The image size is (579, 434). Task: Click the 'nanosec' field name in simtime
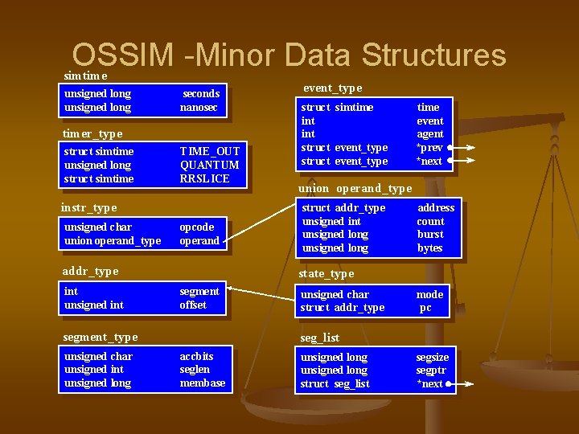tap(199, 108)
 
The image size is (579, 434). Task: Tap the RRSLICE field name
tap(205, 178)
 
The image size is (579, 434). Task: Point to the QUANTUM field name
tap(207, 165)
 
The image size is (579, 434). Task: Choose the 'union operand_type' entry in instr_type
tap(113, 240)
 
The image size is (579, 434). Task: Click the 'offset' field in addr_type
tap(193, 305)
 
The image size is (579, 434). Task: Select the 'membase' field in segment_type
tap(203, 383)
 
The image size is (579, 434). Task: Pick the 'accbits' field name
tap(197, 356)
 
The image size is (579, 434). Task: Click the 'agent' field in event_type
tap(430, 134)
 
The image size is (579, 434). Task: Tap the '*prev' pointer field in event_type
tap(429, 148)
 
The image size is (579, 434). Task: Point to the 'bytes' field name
tap(430, 248)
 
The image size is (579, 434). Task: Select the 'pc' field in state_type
tap(426, 308)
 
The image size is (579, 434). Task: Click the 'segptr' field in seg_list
tap(431, 371)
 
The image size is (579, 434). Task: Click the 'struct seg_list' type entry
tap(335, 384)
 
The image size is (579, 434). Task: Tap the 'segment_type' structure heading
tap(101, 337)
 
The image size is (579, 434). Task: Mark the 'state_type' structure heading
tap(326, 274)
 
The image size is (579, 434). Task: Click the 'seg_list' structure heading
tap(319, 338)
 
